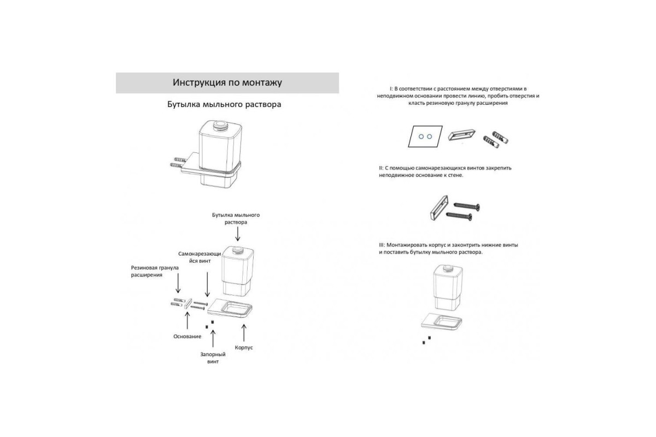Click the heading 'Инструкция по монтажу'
227,82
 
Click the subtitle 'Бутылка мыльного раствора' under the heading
224,104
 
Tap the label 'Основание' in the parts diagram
187,336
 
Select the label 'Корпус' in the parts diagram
244,348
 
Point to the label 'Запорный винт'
213,358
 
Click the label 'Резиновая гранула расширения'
155,271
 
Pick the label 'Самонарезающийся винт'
200,257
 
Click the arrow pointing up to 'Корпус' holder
244,333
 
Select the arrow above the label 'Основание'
188,321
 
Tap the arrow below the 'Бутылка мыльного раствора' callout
238,234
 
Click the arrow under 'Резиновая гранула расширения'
178,283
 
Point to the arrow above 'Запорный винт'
213,338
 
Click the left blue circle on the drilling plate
421,137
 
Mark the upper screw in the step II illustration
467,206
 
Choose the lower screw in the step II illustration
459,216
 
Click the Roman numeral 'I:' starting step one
391,88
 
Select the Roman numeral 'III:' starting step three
382,245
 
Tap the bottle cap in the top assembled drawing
220,125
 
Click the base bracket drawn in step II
439,208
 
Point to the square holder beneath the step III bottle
442,321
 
